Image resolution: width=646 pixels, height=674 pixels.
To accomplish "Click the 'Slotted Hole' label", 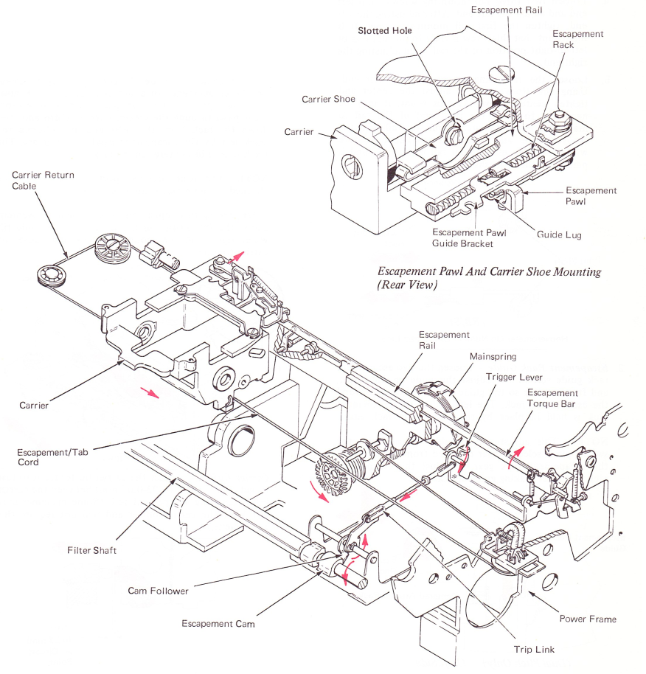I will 384,31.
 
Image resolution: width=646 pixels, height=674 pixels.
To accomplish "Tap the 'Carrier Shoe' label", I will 328,100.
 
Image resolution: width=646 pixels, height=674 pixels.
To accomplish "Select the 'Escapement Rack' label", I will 577,39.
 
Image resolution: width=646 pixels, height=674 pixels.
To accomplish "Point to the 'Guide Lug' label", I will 559,235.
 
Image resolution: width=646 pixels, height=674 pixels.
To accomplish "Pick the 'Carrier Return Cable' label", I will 43,181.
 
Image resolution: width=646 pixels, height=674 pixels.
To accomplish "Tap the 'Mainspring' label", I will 493,357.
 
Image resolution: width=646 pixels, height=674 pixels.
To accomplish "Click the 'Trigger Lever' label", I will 514,377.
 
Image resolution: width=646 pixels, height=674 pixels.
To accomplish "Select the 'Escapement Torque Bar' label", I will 552,398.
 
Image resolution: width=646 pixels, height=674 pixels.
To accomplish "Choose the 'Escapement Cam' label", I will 218,624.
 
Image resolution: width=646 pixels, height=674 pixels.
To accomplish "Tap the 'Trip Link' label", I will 534,650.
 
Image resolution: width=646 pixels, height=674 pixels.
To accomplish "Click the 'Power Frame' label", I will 588,619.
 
